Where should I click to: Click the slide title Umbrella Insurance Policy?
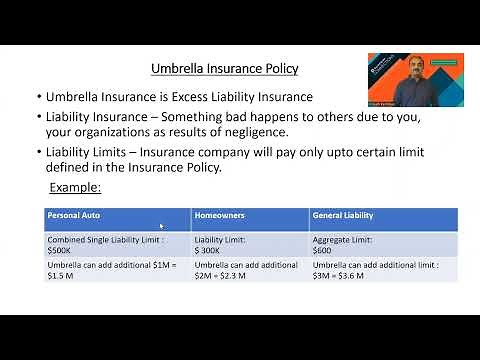(x=224, y=69)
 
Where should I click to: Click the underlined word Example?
(x=76, y=188)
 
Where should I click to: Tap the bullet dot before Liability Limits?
(x=38, y=152)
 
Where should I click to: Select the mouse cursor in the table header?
(x=162, y=227)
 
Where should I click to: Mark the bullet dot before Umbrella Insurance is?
(x=38, y=98)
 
